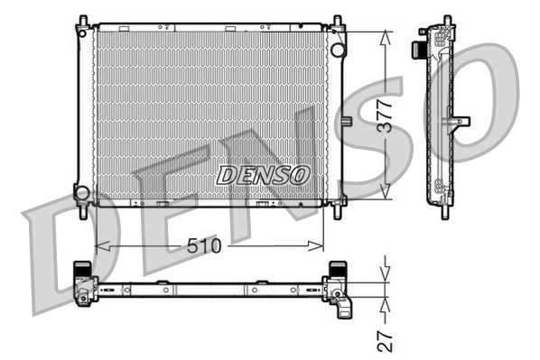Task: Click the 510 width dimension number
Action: coord(207,245)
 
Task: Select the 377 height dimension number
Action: coord(385,115)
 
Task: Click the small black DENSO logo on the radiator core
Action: coord(263,173)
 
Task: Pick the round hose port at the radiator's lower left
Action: coord(82,192)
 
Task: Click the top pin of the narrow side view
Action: coord(445,20)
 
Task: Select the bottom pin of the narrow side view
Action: coord(445,213)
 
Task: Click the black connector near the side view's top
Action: coord(423,47)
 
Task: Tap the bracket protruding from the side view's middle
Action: coord(461,120)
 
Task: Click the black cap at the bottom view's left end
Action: coord(82,268)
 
